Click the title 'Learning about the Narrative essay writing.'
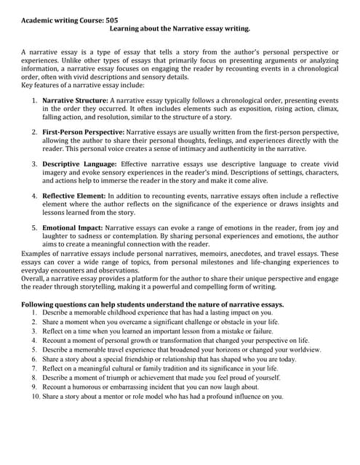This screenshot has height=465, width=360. (x=179, y=29)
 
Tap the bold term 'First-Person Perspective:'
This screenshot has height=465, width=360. (x=84, y=132)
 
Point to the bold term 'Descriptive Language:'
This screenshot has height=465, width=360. (x=78, y=165)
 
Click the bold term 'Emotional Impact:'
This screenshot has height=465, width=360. (x=73, y=228)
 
